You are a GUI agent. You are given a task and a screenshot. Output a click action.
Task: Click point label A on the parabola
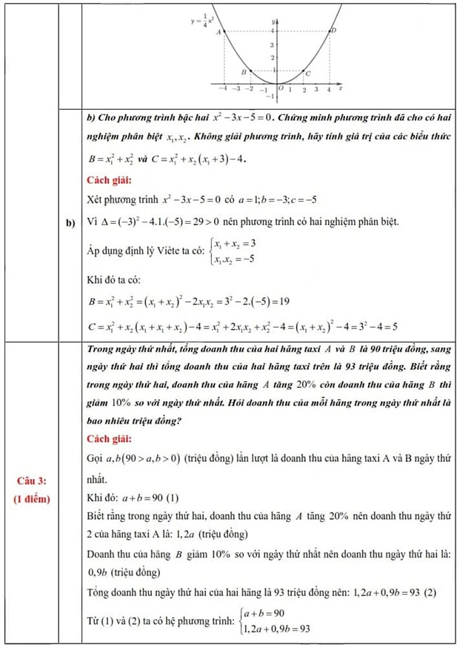click(x=218, y=33)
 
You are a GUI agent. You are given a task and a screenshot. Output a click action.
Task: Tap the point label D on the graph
click(x=333, y=31)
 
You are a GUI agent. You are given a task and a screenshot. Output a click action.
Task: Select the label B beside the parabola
click(x=243, y=71)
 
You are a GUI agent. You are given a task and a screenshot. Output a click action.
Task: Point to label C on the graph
click(x=308, y=73)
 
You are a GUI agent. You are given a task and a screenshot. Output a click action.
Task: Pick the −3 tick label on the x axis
click(x=236, y=88)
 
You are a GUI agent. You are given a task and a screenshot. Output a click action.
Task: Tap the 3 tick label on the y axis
click(x=273, y=44)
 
